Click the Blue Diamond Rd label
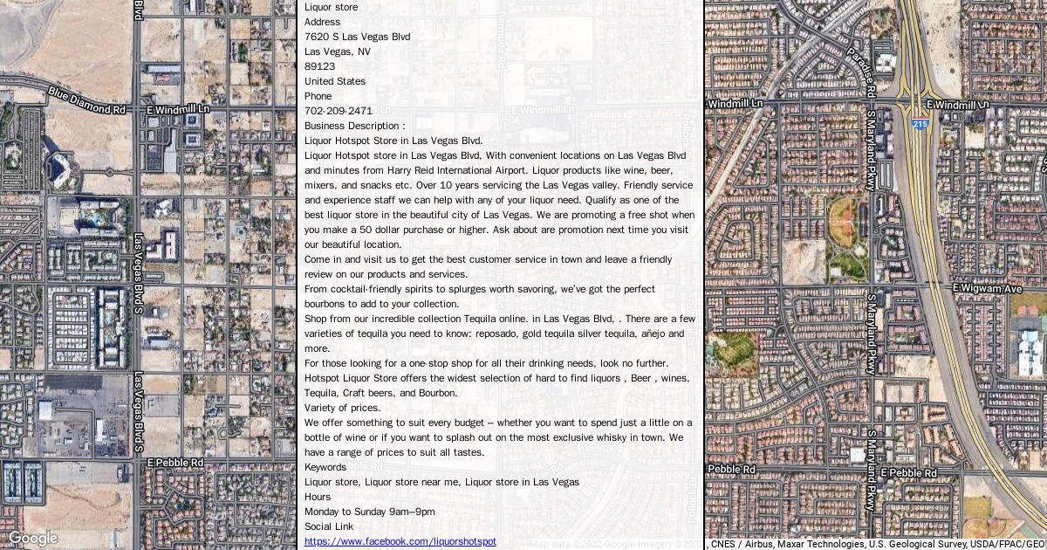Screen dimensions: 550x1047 click(87, 100)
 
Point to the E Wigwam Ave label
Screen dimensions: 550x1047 click(987, 288)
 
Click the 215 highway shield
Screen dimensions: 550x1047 click(920, 125)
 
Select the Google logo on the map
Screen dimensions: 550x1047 click(32, 538)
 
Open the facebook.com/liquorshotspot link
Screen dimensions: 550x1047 click(400, 541)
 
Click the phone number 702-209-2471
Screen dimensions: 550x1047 click(339, 111)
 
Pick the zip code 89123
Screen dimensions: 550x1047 click(319, 66)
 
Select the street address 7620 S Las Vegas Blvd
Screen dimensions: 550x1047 click(357, 37)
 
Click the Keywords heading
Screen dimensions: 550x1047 click(325, 467)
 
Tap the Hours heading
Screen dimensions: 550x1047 click(318, 497)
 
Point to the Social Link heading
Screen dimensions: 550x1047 click(329, 526)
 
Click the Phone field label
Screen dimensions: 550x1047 click(318, 96)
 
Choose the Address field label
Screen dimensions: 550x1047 click(323, 22)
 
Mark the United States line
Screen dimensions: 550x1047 click(335, 81)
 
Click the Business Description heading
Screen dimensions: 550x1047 click(355, 126)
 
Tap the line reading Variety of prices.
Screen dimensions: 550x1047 click(342, 408)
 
